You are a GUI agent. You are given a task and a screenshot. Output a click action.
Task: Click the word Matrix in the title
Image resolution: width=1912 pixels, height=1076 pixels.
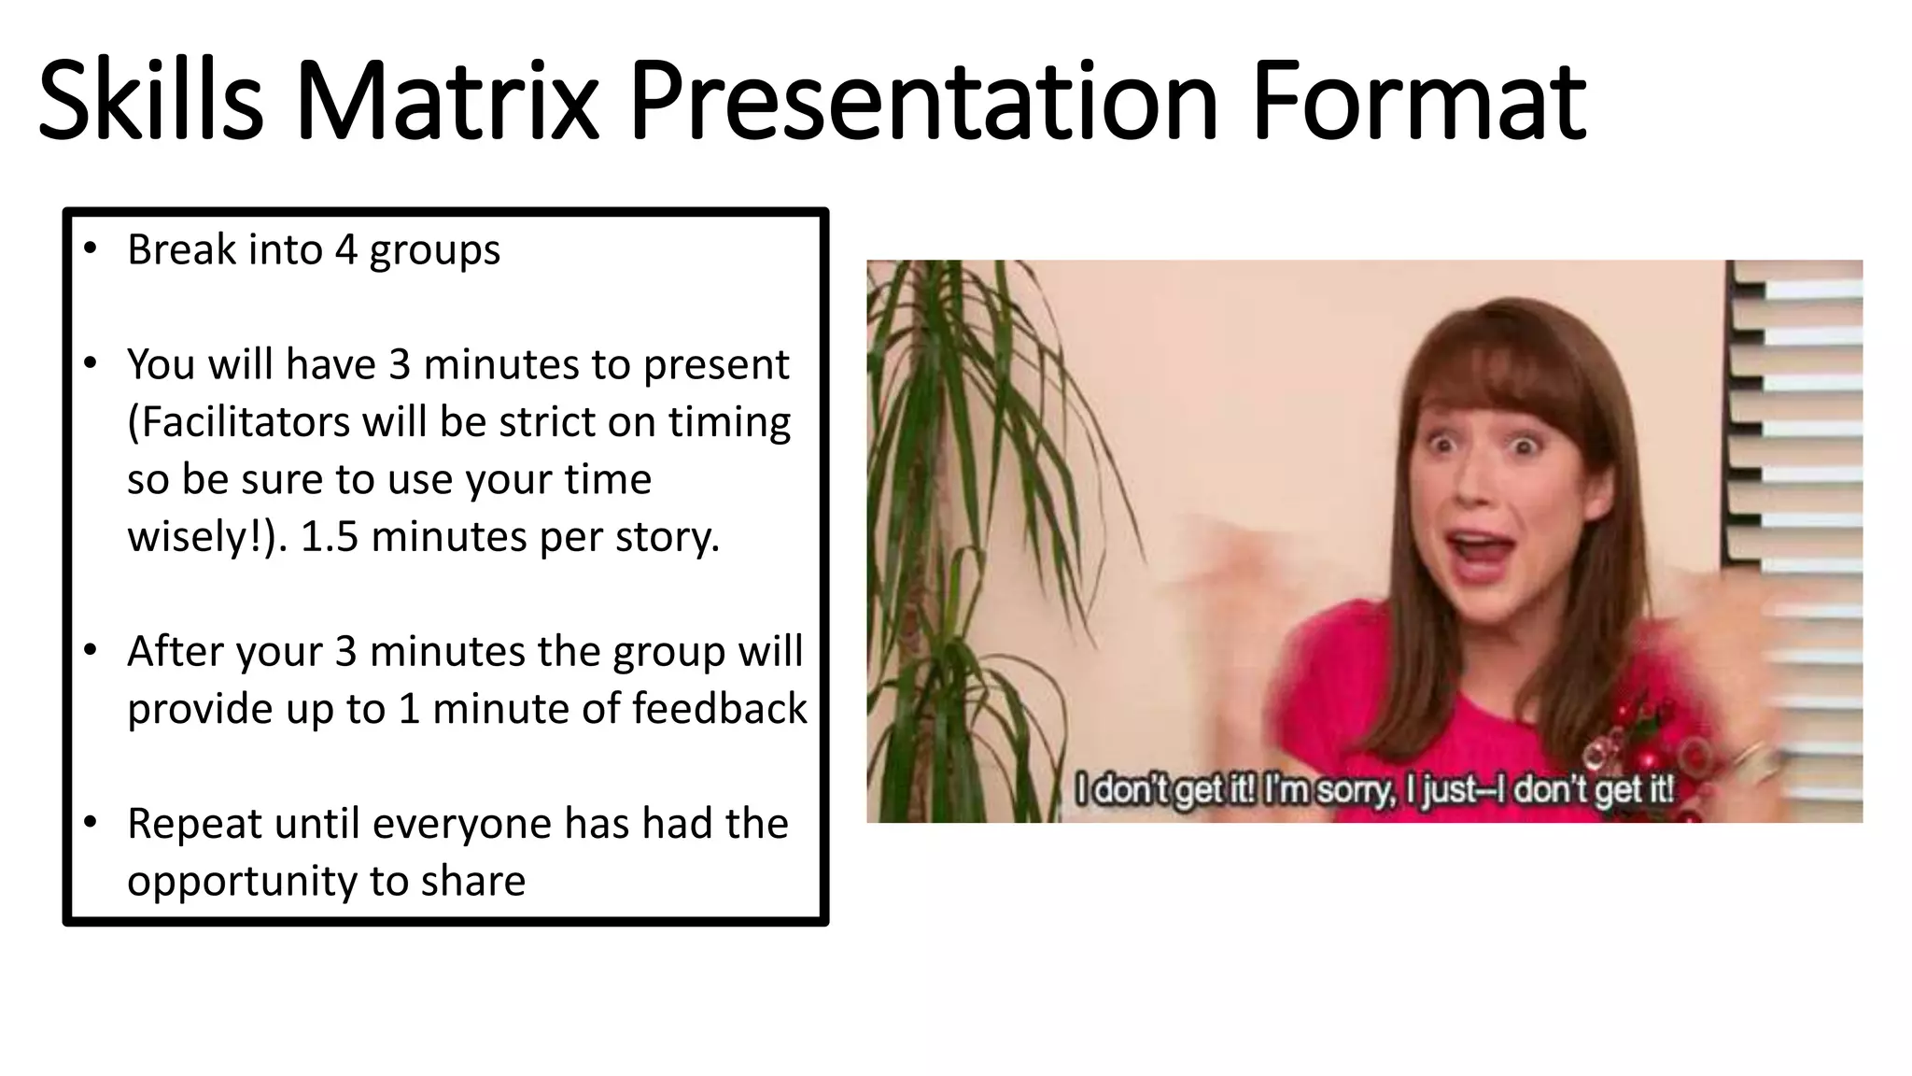pyautogui.click(x=446, y=100)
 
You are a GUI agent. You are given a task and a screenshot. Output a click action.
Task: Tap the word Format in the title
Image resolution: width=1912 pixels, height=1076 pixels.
pyautogui.click(x=1418, y=100)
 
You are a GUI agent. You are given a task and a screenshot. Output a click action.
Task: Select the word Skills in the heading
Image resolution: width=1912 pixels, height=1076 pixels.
pyautogui.click(x=150, y=100)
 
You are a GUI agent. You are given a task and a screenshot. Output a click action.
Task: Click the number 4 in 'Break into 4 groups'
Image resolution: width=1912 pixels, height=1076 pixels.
pyautogui.click(x=345, y=250)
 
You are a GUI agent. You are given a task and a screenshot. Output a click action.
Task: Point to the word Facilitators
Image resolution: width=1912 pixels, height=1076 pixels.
pyautogui.click(x=239, y=422)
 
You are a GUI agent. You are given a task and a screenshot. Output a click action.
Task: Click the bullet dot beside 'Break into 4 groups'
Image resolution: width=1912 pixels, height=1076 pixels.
pyautogui.click(x=90, y=248)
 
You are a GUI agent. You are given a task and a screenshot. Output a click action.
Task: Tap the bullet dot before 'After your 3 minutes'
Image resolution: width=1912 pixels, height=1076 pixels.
pyautogui.click(x=90, y=650)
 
